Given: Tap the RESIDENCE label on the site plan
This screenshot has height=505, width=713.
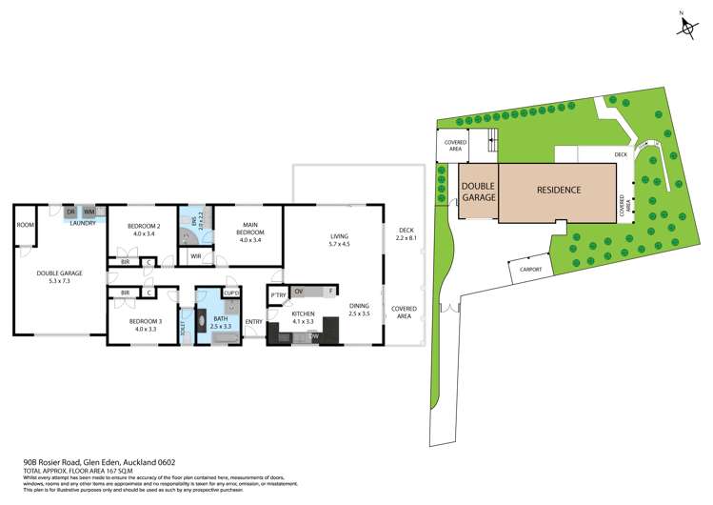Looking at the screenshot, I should point(559,190).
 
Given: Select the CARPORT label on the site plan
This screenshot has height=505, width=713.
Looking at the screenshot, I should point(530,270).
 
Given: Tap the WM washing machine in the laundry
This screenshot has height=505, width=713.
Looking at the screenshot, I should point(89,212).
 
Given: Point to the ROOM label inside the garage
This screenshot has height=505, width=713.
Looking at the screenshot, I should point(25,225).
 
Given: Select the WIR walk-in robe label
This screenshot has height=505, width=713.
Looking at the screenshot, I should point(195,255).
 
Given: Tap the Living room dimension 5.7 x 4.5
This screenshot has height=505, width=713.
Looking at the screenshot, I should point(340,244).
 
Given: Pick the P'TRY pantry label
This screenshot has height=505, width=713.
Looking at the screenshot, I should point(277,295).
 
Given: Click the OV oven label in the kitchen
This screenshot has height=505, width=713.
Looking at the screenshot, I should point(299,291).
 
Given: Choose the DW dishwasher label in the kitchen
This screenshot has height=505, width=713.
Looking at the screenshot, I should point(313,336).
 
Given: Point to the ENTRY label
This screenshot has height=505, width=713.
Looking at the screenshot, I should point(253,321).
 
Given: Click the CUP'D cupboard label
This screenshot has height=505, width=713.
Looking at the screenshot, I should point(231,292).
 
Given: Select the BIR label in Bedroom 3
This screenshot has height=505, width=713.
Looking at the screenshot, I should point(125,292).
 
